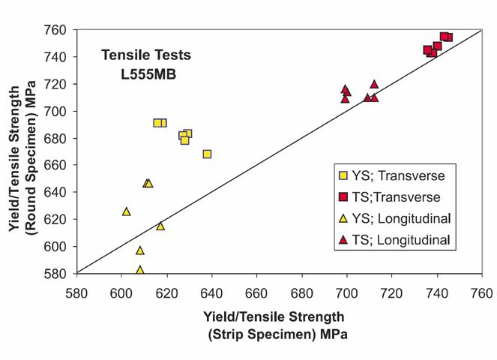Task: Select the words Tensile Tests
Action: pyautogui.click(x=147, y=55)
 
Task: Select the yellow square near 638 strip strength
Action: pyautogui.click(x=207, y=154)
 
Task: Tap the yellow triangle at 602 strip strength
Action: pyautogui.click(x=126, y=211)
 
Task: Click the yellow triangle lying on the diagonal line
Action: pyautogui.click(x=160, y=226)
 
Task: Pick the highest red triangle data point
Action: pyautogui.click(x=374, y=84)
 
